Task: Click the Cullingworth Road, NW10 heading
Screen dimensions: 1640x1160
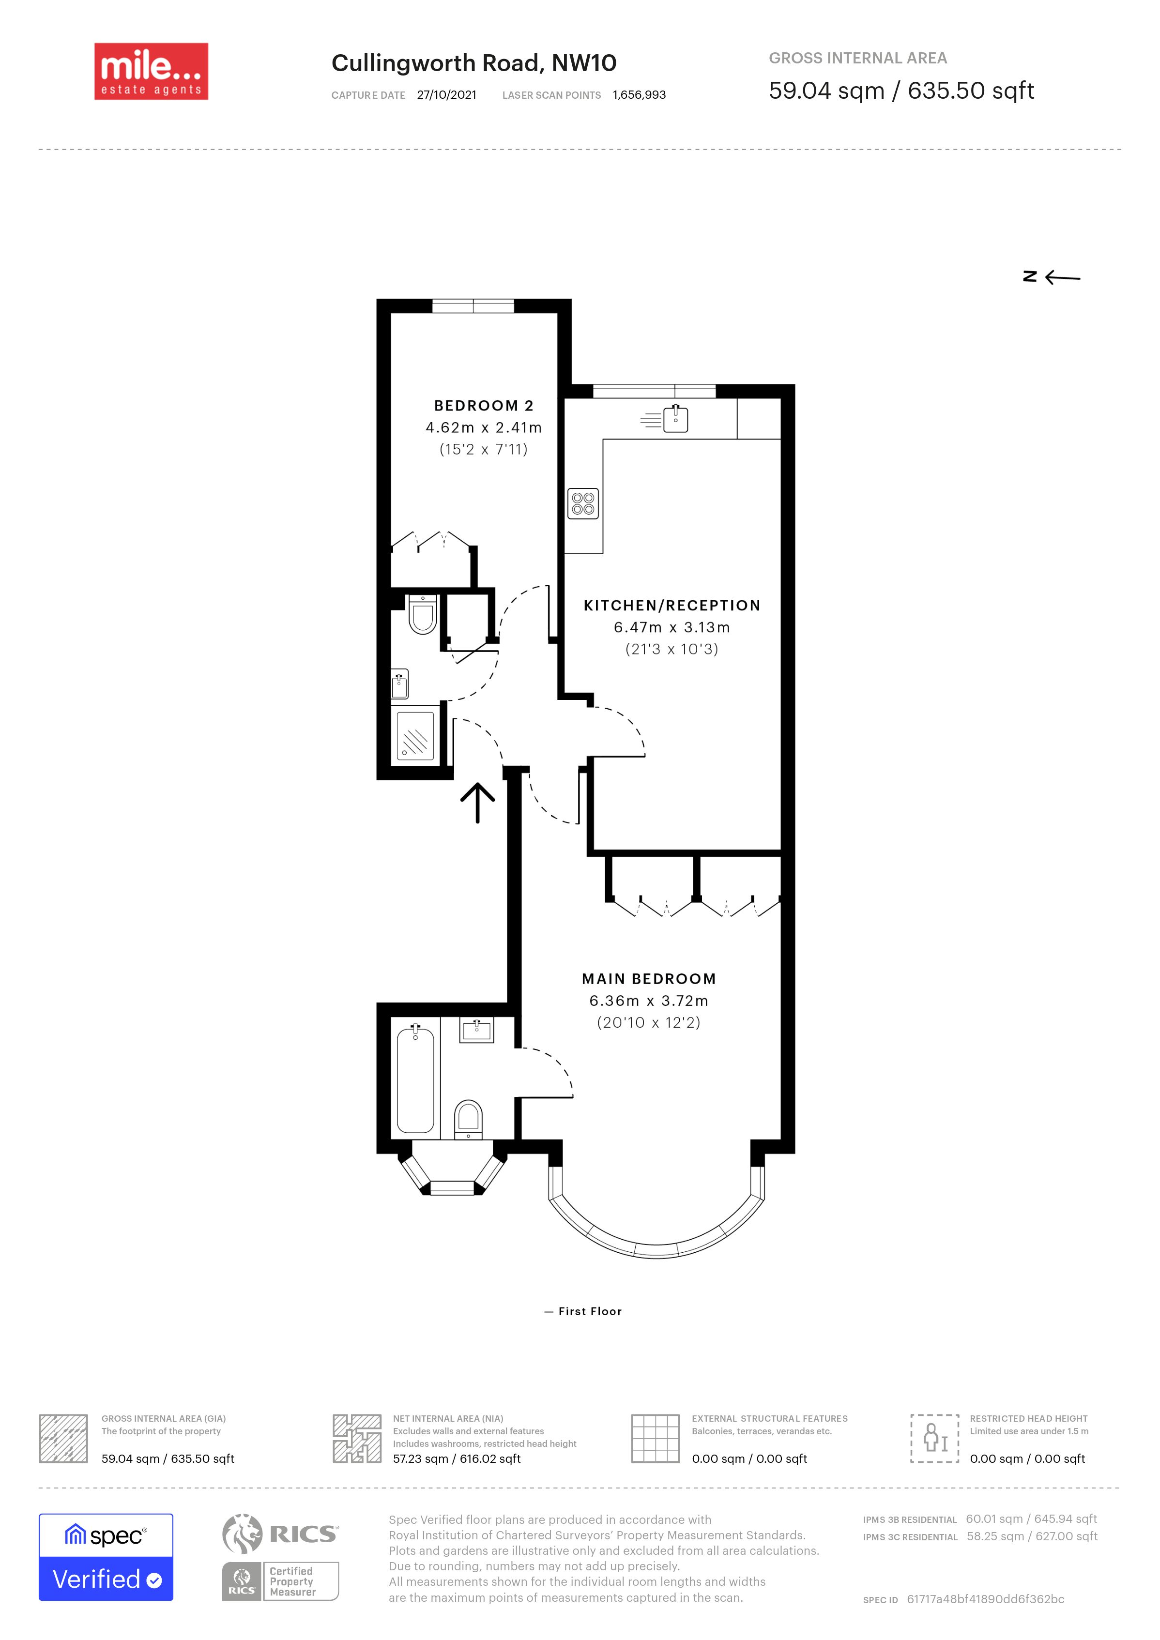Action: click(x=473, y=63)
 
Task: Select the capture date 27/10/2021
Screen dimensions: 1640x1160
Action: click(x=446, y=95)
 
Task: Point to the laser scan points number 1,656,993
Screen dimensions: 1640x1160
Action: click(x=639, y=95)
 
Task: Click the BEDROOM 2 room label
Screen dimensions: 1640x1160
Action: click(x=484, y=406)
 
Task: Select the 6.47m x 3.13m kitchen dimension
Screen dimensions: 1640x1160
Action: click(x=672, y=627)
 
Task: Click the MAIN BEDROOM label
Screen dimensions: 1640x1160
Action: click(x=649, y=979)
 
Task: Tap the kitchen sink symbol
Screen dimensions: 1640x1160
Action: click(x=675, y=419)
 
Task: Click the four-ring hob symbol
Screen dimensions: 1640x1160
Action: click(x=583, y=503)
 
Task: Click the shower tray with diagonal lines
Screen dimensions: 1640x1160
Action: click(x=415, y=736)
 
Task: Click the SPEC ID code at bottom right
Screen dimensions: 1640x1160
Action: click(x=985, y=1599)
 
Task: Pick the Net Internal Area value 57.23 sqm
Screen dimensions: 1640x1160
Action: click(x=457, y=1458)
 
